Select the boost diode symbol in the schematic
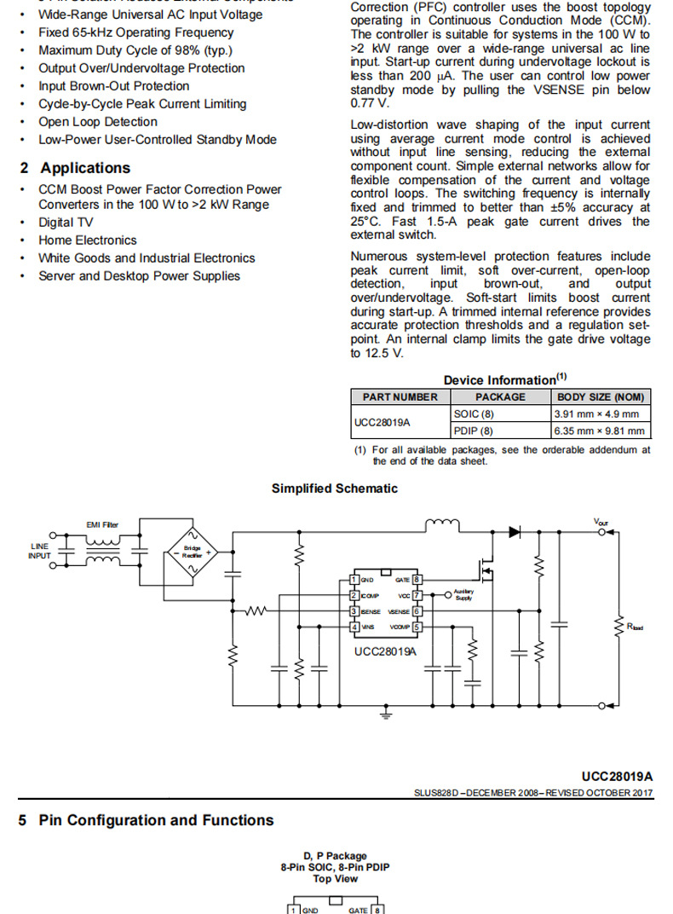[515, 531]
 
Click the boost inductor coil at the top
[441, 523]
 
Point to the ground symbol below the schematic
[388, 712]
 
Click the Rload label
[635, 627]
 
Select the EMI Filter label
[103, 524]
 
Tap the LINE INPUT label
[40, 551]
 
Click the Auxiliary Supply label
[463, 594]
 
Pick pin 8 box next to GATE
[417, 580]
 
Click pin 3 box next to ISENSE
[354, 611]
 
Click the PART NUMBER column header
[400, 396]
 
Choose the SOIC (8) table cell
[474, 414]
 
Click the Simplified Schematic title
[335, 489]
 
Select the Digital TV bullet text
[66, 223]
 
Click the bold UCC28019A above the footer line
[618, 776]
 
